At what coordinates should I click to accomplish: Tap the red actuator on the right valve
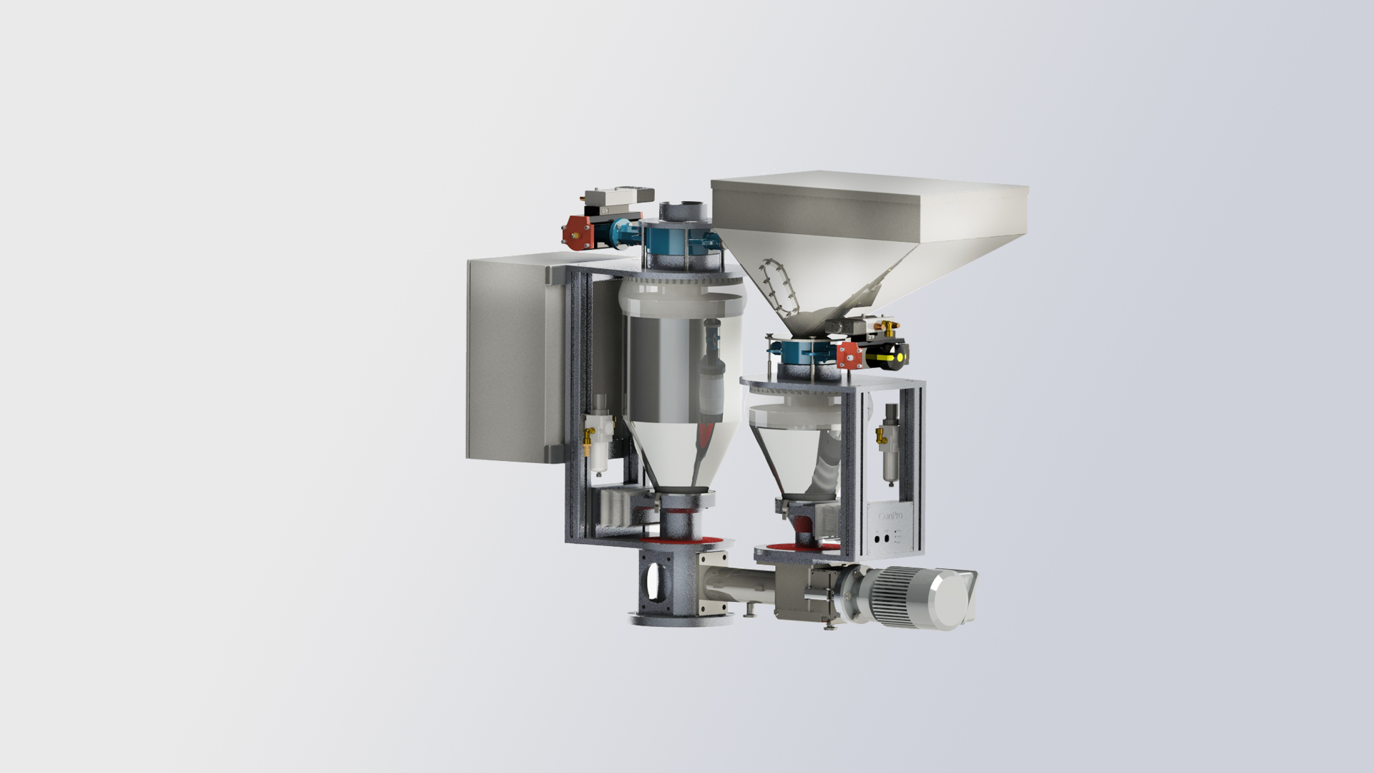(849, 354)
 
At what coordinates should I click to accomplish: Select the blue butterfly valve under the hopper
(800, 352)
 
